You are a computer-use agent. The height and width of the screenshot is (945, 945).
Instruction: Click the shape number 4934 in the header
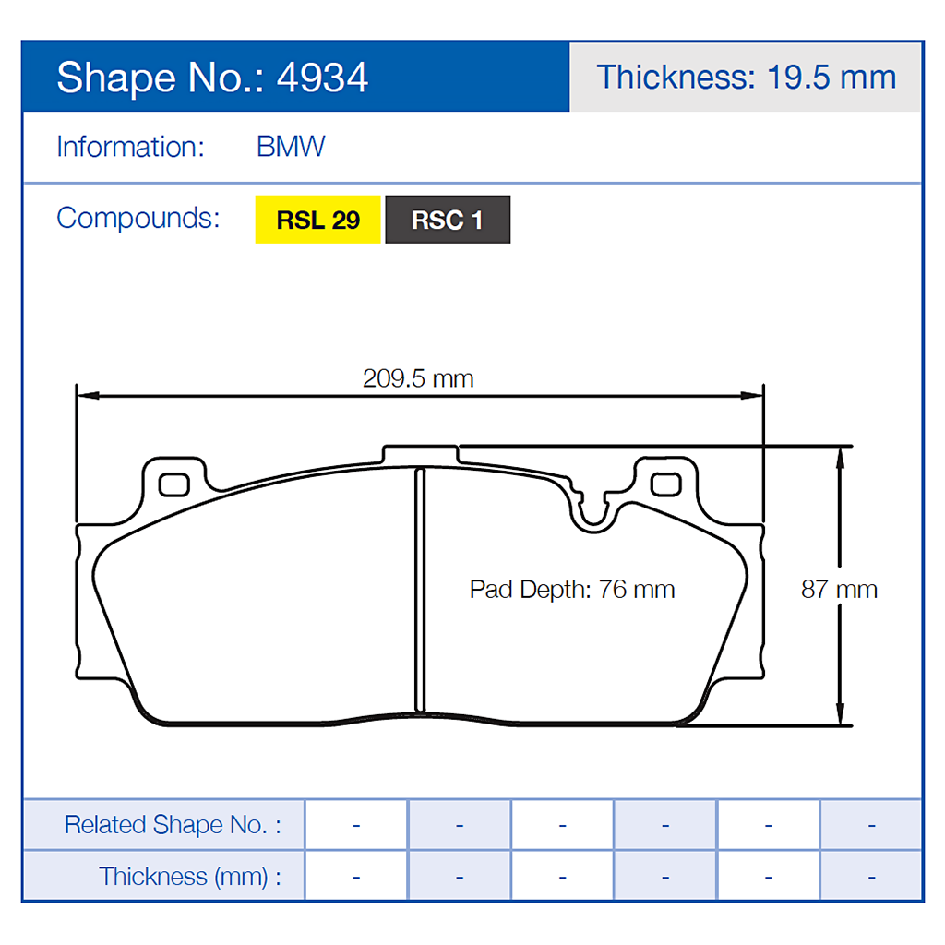[x=323, y=78]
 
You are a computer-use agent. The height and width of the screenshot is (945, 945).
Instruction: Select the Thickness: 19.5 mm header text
[x=746, y=77]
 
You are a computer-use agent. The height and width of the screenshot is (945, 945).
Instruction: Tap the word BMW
[x=291, y=147]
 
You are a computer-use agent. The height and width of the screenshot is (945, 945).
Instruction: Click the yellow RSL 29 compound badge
[x=317, y=221]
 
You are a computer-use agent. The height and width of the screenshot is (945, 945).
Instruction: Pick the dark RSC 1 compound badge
[x=448, y=221]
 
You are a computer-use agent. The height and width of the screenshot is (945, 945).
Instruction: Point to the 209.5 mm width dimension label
[x=418, y=378]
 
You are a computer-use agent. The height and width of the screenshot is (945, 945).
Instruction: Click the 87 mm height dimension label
[x=838, y=589]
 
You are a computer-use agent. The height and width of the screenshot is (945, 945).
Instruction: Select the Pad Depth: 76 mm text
[x=572, y=589]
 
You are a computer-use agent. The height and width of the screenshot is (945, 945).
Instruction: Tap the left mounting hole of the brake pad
[x=173, y=484]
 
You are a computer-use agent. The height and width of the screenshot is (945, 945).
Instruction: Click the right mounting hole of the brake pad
[x=664, y=484]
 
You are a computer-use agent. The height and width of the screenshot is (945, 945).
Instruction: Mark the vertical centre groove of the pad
[x=420, y=591]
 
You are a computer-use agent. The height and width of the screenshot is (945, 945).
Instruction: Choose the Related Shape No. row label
[x=172, y=824]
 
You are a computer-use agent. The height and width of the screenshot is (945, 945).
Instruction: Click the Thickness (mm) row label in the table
[x=189, y=876]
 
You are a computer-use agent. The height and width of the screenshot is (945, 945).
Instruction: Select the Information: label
[x=130, y=147]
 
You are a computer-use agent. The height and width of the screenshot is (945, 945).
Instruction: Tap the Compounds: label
[x=138, y=219]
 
